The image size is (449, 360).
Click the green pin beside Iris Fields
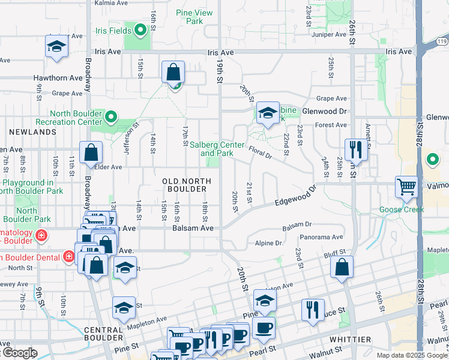(141, 29)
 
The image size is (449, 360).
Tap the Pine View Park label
(194, 16)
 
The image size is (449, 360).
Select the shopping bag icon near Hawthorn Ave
(173, 73)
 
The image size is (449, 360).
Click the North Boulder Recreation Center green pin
(110, 117)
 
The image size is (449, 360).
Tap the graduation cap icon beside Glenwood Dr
(268, 112)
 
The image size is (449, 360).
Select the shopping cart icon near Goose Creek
(406, 187)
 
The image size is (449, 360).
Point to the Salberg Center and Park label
(217, 149)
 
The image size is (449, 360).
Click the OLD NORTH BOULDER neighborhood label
(187, 185)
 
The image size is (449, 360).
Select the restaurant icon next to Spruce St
(313, 310)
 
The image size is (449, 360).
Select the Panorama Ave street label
(321, 238)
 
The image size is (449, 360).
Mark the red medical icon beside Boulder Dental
(69, 257)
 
